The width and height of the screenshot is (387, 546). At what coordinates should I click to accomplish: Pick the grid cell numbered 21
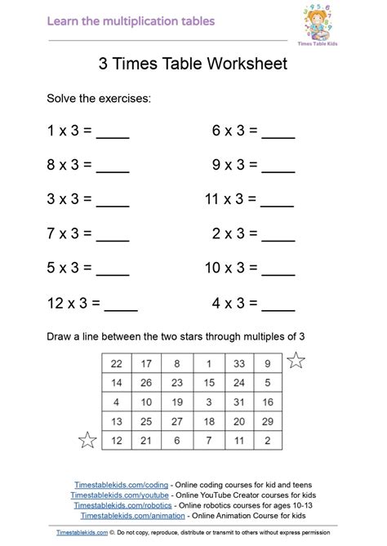pos(148,440)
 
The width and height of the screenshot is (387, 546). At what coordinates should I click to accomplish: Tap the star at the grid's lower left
pos(87,441)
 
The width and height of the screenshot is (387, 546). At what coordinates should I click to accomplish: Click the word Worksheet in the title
pos(248,64)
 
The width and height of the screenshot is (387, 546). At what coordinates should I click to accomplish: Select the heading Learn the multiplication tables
pos(131,20)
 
